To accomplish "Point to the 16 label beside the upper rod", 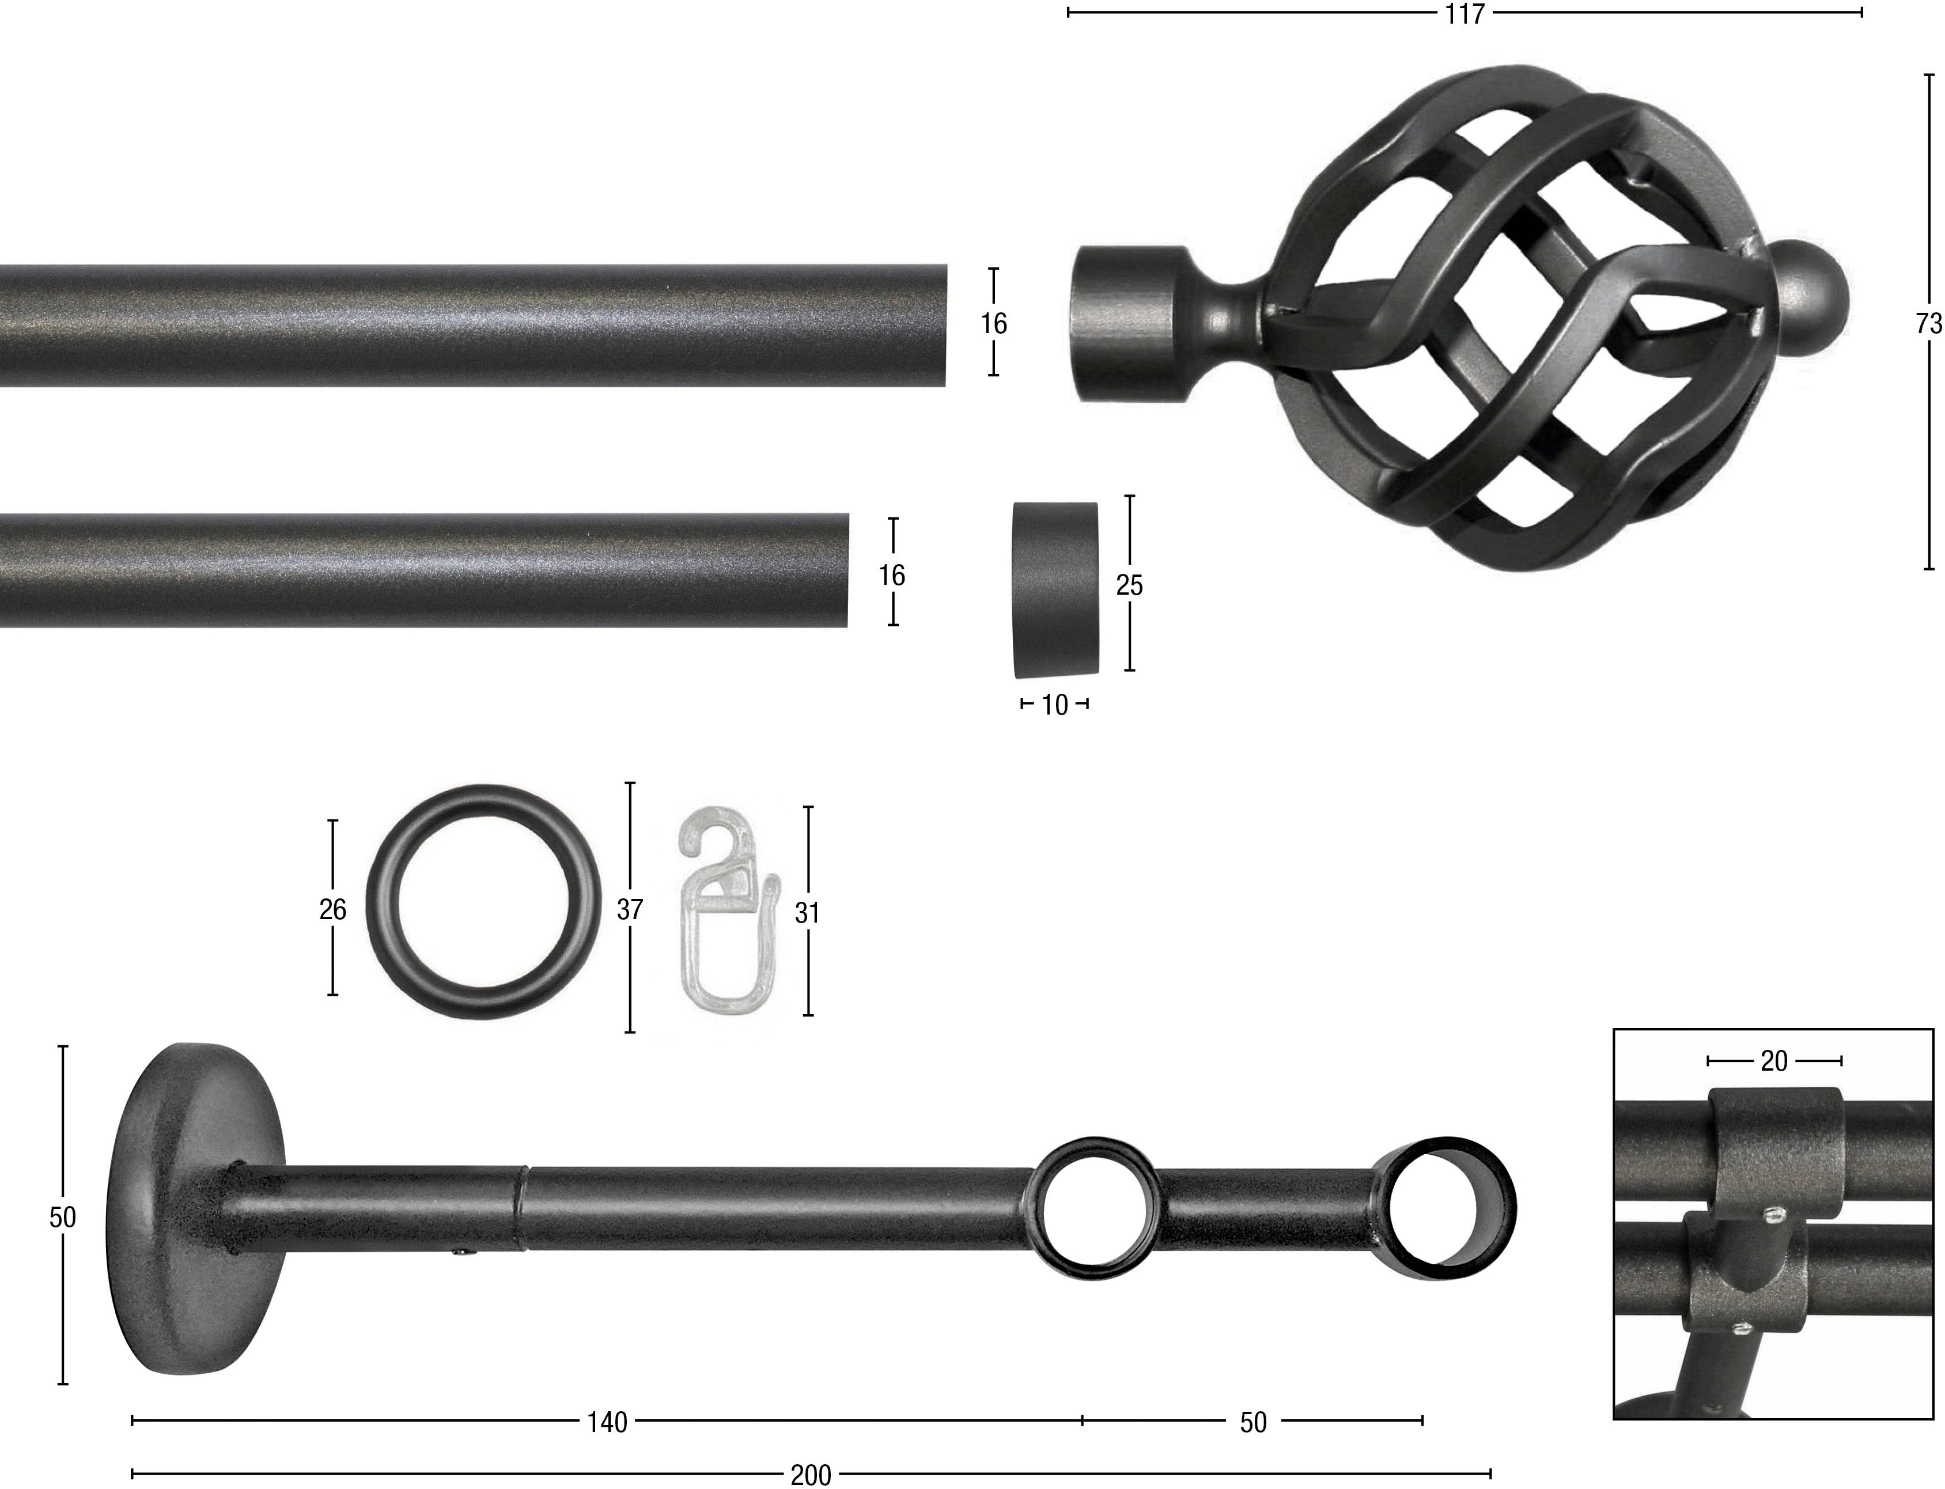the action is (993, 323).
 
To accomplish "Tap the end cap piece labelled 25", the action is (1054, 588).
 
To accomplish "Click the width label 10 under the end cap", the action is (1054, 705).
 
